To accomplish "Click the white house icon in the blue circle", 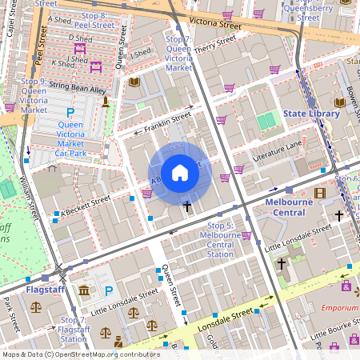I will (180, 173).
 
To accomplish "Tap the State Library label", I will (311, 114).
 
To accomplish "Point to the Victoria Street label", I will (210, 25).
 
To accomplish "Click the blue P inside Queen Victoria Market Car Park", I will (70, 114).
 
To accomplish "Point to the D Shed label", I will (80, 37).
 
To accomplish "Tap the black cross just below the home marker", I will (188, 206).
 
